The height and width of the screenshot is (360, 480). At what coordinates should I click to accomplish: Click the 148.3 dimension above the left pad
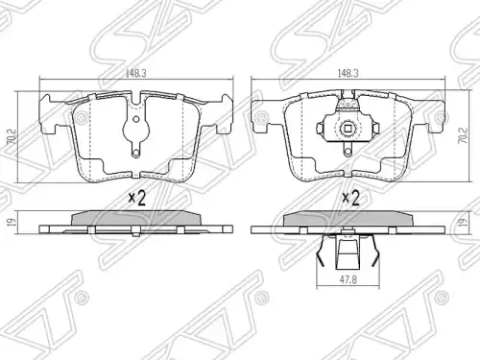tap(136, 73)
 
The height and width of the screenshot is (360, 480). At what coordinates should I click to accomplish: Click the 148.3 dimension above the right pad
tap(348, 73)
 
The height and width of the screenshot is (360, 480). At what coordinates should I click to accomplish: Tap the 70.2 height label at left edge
tap(12, 136)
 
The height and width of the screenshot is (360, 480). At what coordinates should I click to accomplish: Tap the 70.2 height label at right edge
tap(464, 135)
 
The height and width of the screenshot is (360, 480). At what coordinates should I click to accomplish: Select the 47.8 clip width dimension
tap(348, 279)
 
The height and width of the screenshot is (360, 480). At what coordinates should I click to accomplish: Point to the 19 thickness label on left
tap(11, 222)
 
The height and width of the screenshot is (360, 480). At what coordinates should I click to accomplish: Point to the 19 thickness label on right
tap(466, 222)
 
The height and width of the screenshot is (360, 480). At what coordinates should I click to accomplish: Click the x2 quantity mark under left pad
tap(137, 199)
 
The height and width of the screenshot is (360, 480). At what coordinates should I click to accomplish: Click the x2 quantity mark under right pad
tap(351, 198)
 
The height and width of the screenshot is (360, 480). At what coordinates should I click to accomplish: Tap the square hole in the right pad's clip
tap(348, 129)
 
